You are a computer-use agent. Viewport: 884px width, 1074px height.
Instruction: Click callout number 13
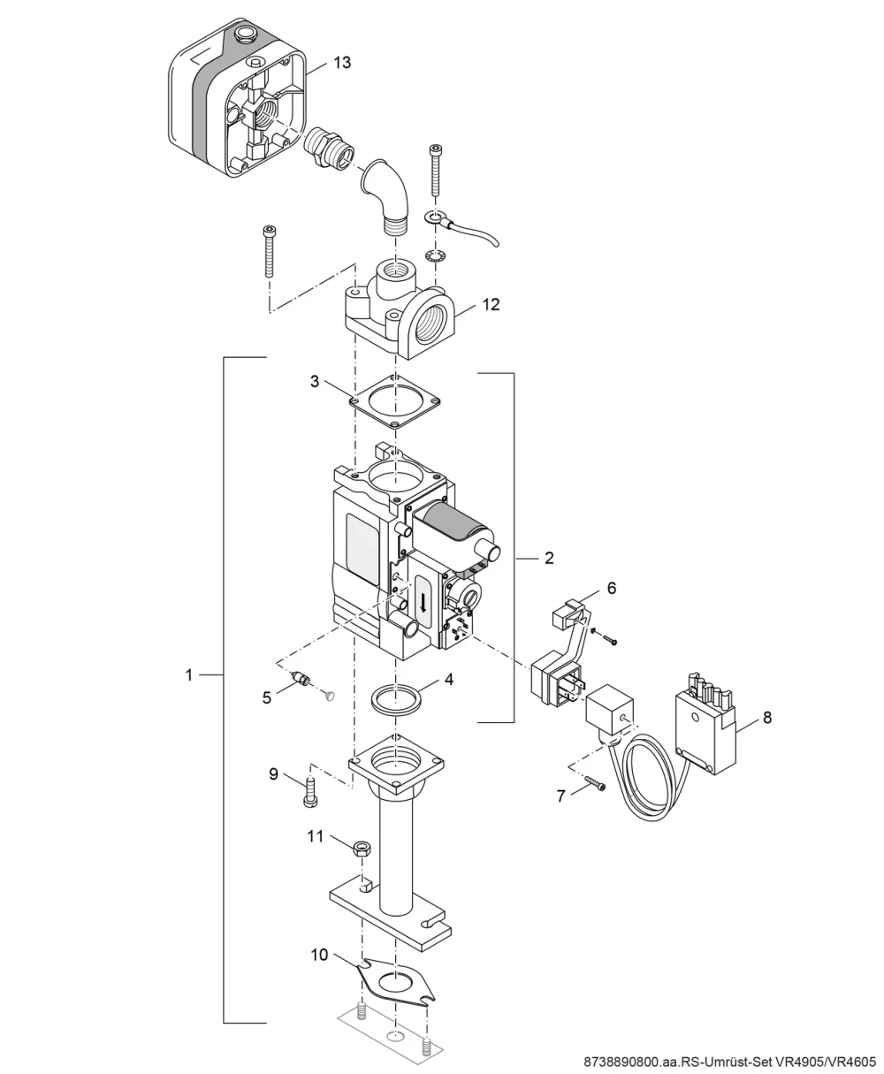point(342,63)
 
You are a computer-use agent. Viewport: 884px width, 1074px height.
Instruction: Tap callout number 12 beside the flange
point(491,305)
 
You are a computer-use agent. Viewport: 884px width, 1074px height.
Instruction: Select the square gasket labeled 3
point(395,402)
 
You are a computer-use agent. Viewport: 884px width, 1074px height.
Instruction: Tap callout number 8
point(767,718)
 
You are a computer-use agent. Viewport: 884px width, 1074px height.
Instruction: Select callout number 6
point(612,588)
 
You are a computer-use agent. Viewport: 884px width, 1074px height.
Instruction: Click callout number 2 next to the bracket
point(548,558)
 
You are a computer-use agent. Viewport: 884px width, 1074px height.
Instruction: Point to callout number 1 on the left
point(189,675)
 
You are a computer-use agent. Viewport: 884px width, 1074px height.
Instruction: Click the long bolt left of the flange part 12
point(269,251)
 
